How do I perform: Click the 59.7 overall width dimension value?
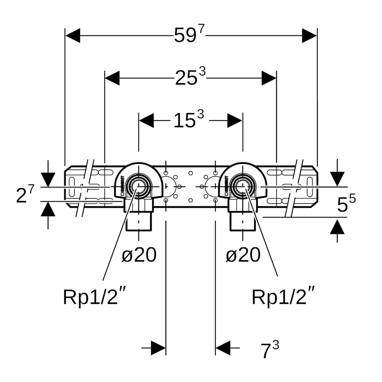point(189,35)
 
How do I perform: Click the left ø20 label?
point(139,255)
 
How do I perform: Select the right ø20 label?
point(243,255)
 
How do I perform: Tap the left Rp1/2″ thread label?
point(94,297)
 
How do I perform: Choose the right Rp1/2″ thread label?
point(283,297)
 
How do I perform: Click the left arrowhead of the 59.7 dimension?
point(73,35)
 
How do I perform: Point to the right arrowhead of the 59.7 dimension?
point(309,35)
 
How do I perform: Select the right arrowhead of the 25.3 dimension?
point(269,78)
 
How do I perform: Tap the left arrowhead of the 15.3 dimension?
point(146,120)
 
